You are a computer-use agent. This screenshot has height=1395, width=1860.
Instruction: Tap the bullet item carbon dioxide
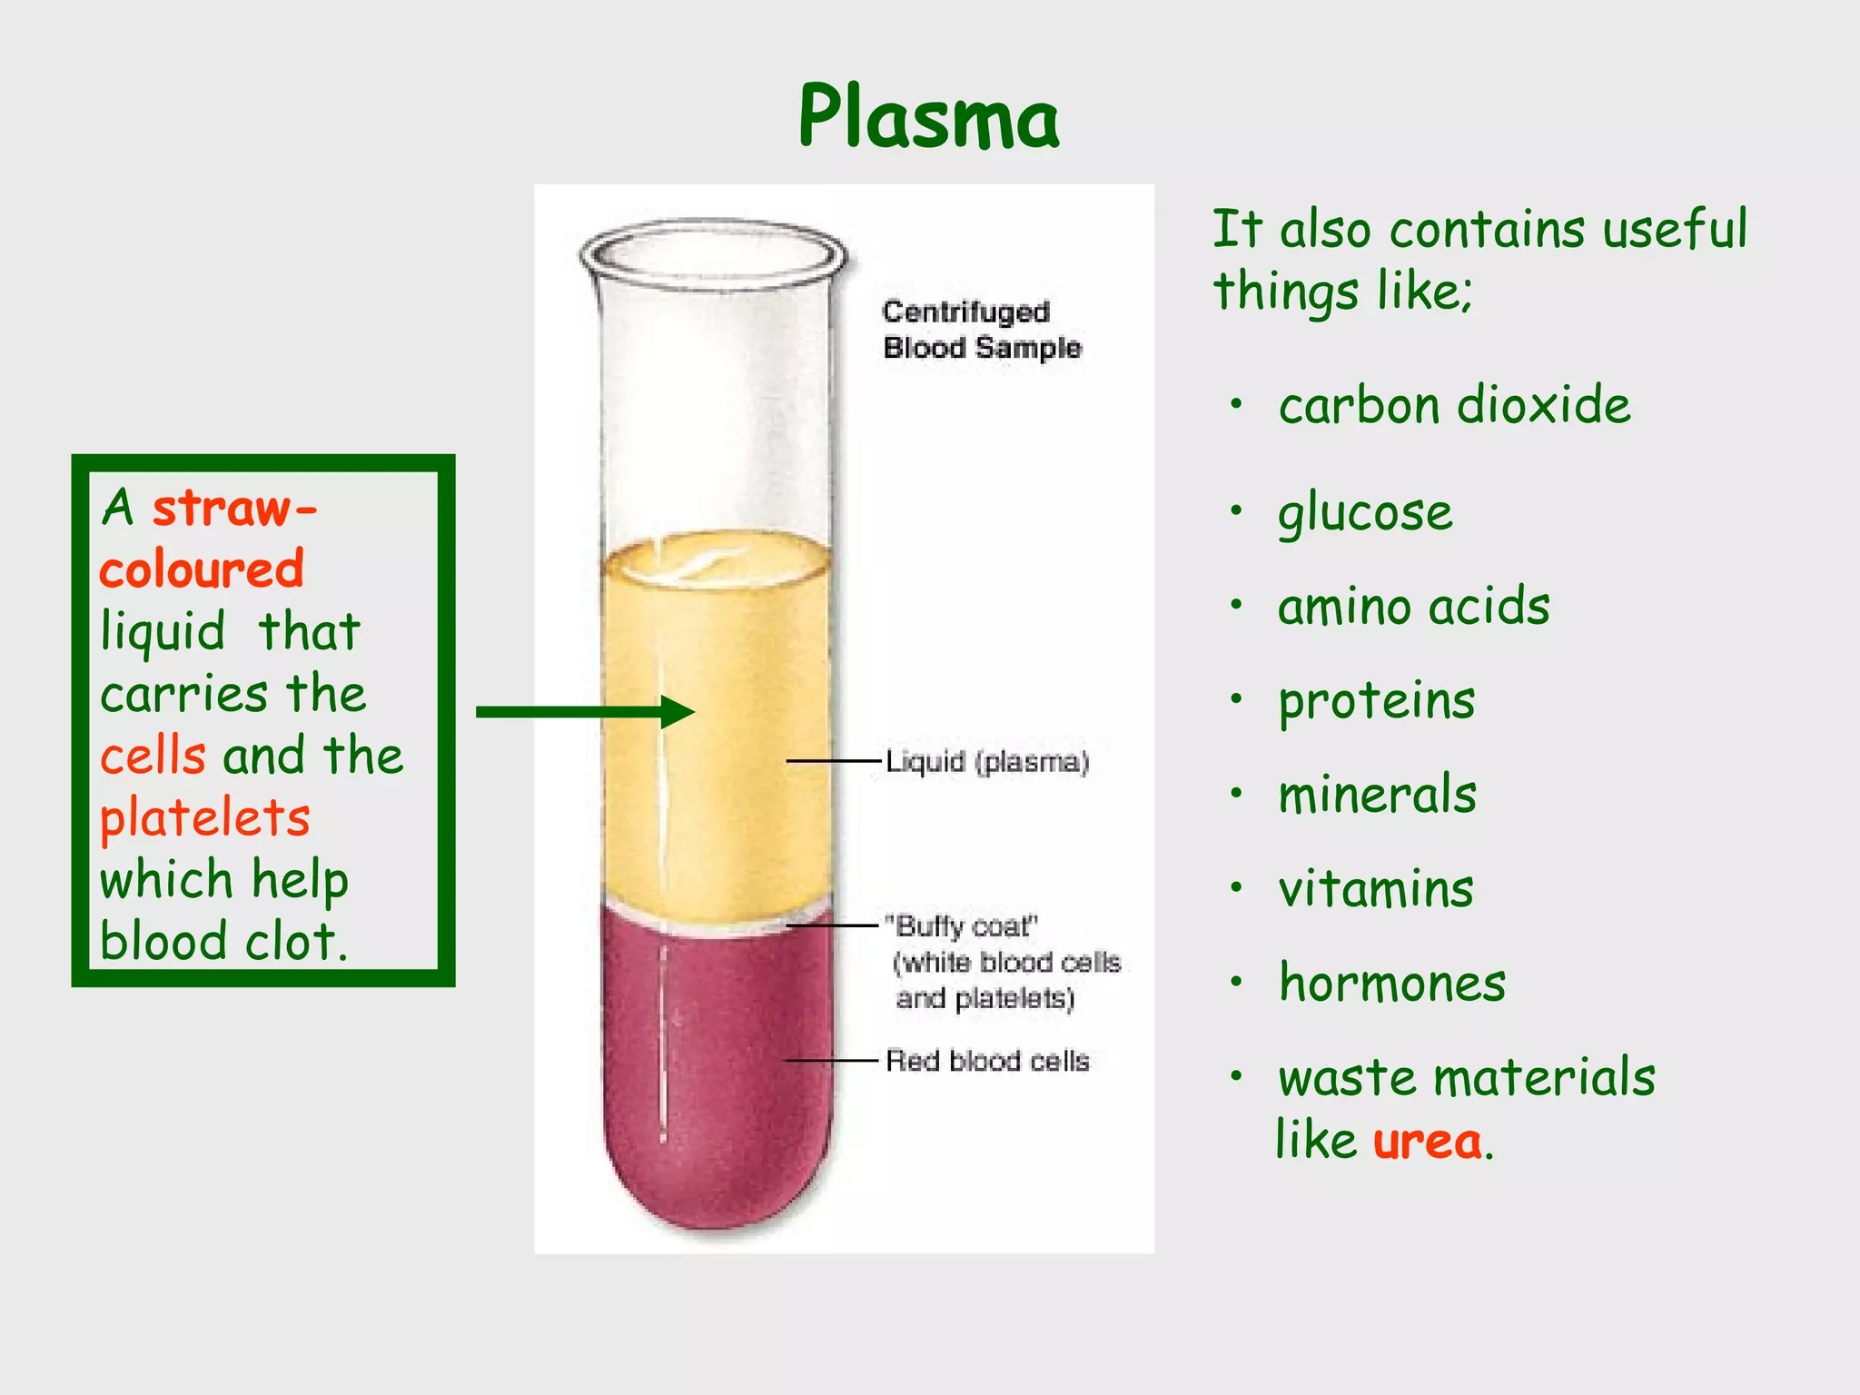[x=1454, y=405]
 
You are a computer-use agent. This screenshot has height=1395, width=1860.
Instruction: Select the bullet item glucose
[x=1365, y=512]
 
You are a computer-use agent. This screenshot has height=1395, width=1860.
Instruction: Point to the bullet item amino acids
[x=1413, y=607]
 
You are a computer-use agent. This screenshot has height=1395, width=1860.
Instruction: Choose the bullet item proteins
[x=1377, y=701]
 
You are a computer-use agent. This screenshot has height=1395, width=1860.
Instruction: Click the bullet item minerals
[x=1377, y=795]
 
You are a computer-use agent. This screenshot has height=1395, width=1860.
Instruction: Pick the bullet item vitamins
[x=1376, y=888]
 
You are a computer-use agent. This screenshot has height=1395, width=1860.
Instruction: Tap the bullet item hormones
[x=1391, y=983]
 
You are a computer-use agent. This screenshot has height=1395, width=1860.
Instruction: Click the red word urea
[x=1427, y=1141]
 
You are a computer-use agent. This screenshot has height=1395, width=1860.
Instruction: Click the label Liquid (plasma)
[x=987, y=761]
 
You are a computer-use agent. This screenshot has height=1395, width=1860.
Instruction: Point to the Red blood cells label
[x=987, y=1060]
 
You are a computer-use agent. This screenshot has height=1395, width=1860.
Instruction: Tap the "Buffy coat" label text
[x=963, y=926]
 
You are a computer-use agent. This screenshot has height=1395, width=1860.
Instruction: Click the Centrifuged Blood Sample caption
[x=981, y=330]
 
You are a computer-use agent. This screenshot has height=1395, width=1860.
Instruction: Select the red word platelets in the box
[x=204, y=817]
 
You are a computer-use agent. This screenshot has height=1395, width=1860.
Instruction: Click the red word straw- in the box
[x=234, y=508]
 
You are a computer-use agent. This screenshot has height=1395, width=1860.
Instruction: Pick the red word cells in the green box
[x=153, y=756]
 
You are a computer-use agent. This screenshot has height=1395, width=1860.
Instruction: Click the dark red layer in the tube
[x=717, y=1072]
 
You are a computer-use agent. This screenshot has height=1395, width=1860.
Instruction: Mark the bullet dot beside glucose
[x=1236, y=510]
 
